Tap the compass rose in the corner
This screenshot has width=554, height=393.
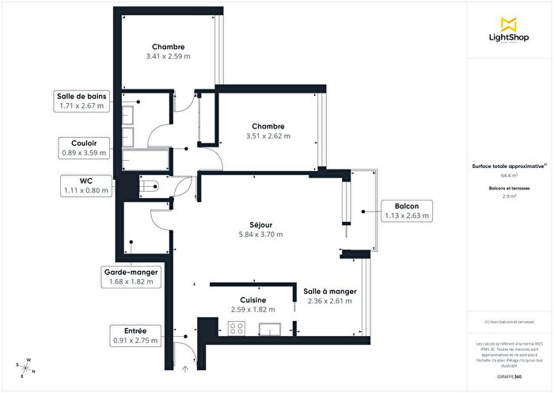tap(27, 368)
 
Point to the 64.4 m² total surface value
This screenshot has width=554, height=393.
tap(509, 176)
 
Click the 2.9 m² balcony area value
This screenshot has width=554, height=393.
tap(509, 196)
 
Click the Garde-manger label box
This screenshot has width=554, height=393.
tap(131, 277)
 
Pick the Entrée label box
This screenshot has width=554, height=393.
tap(135, 335)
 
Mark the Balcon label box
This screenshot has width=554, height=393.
tap(409, 211)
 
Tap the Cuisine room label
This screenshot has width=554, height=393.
tap(248, 300)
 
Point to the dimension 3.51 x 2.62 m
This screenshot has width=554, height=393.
tap(268, 135)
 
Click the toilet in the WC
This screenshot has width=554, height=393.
tap(147, 185)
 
